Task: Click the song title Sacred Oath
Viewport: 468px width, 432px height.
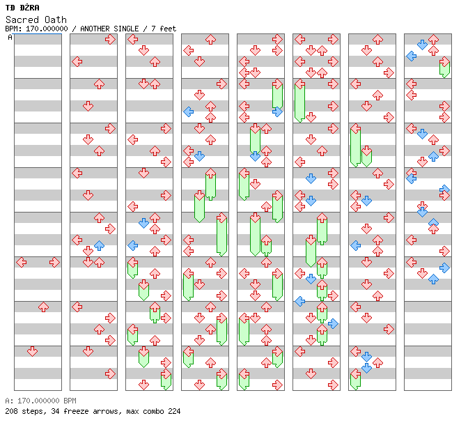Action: [x=36, y=20]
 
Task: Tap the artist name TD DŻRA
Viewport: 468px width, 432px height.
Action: [x=22, y=8]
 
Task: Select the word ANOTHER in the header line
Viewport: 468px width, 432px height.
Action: [x=95, y=29]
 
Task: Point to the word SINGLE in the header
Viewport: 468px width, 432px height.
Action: [x=125, y=29]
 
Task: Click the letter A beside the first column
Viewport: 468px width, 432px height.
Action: [x=10, y=37]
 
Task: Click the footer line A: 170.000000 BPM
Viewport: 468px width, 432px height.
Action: [x=40, y=401]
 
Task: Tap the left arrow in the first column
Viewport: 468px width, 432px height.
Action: [x=21, y=263]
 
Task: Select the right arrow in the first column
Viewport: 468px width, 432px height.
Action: [x=54, y=263]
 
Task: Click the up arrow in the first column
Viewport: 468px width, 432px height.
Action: [x=44, y=307]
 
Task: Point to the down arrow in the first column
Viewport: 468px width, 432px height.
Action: [x=32, y=351]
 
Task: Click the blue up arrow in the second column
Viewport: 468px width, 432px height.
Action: [x=99, y=246]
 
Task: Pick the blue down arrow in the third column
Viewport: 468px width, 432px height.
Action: [x=143, y=223]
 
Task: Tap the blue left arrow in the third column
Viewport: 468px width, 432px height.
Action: [x=132, y=246]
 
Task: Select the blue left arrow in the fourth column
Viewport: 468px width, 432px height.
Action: [x=188, y=112]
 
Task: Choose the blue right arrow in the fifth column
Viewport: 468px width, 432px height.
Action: [x=277, y=112]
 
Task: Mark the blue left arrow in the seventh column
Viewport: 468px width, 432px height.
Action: [x=355, y=246]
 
